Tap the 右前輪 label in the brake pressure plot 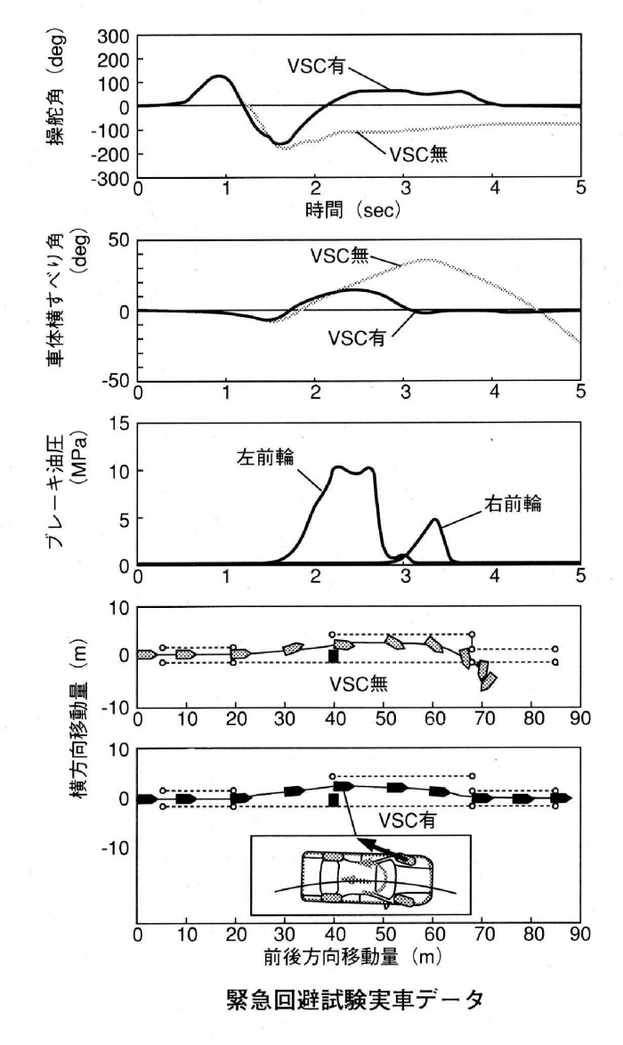point(515,503)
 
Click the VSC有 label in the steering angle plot point(321,65)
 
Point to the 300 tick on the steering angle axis point(114,36)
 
